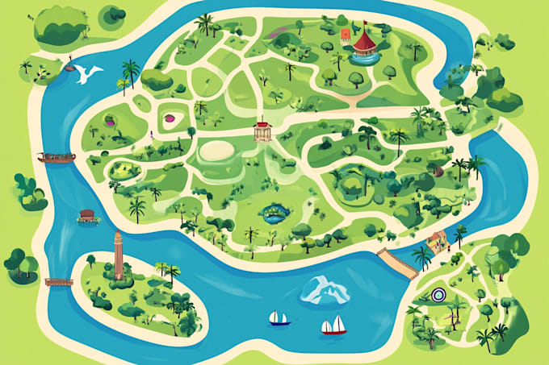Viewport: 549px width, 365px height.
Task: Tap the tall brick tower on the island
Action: pos(119,255)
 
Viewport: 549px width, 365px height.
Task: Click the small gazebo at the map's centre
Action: pos(263,131)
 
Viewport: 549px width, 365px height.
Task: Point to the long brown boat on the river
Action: pos(57,157)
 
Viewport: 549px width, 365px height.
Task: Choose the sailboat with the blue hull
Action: pos(279,318)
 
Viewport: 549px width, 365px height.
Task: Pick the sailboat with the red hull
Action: pos(333,326)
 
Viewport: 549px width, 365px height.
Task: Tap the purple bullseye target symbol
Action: pos(438,295)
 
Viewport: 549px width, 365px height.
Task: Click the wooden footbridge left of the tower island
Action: pos(58,282)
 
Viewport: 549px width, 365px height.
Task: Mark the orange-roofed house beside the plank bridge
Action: pos(437,240)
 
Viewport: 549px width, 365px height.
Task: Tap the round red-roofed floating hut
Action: pos(87,216)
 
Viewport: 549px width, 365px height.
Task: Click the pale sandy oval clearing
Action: pos(219,151)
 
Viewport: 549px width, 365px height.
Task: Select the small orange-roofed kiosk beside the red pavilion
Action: pos(346,35)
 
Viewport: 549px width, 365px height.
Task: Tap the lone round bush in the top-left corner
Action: pos(114,13)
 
